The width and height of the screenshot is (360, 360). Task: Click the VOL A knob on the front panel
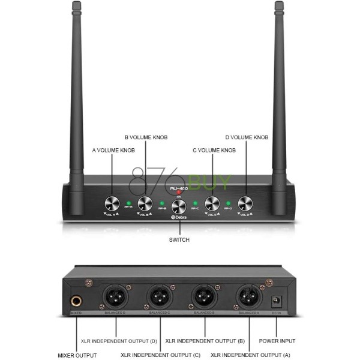(112, 203)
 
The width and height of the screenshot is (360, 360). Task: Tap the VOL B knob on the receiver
(145, 203)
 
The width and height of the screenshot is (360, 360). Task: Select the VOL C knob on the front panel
(212, 203)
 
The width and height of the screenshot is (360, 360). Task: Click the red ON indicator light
(179, 193)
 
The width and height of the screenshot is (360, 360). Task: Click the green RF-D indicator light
(229, 203)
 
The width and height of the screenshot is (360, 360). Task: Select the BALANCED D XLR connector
(114, 296)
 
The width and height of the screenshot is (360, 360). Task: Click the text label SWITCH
(179, 240)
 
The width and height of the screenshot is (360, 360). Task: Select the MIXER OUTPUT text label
(77, 355)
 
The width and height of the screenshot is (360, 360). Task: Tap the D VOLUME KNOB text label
(247, 137)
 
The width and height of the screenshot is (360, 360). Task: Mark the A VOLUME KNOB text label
(113, 150)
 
